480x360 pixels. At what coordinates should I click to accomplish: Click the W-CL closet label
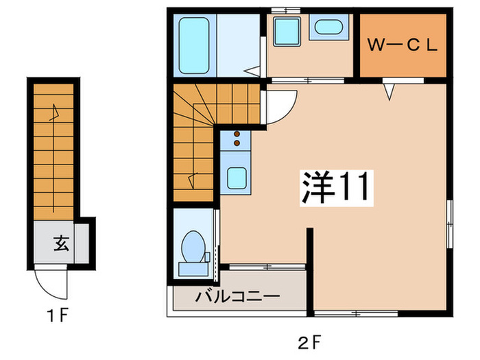[x=403, y=47]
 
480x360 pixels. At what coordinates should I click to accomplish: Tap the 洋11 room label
[x=335, y=187]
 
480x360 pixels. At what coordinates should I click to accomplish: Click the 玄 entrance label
[x=60, y=242]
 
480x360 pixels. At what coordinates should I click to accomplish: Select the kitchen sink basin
[x=237, y=178]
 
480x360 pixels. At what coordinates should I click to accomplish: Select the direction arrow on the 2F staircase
[x=194, y=180]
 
